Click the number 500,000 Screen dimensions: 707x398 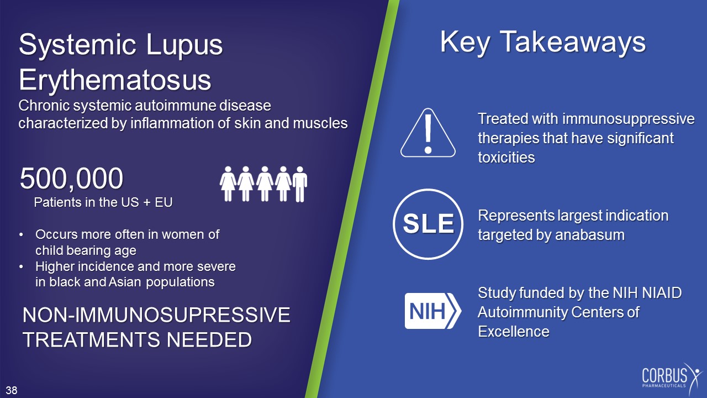pos(71,179)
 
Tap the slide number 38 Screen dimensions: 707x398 pos(12,390)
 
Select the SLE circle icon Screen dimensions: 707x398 pos(428,224)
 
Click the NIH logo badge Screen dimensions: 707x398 pos(432,311)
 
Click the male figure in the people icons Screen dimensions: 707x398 pos(300,184)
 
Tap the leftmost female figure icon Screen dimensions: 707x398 pos(228,184)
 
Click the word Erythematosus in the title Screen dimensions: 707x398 pos(115,80)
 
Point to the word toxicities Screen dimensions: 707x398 pos(506,158)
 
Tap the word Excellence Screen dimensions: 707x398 pos(514,332)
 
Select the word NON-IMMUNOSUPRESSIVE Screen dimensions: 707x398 pos(156,315)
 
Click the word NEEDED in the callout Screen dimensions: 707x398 pos(209,340)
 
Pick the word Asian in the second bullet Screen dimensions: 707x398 pos(125,282)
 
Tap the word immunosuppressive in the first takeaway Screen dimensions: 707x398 pos(629,119)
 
